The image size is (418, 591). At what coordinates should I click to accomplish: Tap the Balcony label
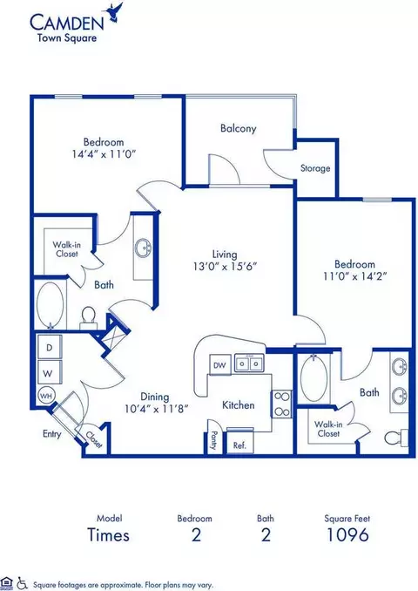[x=239, y=128]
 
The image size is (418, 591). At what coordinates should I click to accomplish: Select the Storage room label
[x=315, y=168]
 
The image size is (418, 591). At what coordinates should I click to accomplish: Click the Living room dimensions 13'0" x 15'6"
[x=225, y=266]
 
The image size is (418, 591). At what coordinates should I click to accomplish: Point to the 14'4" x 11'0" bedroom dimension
[x=104, y=153]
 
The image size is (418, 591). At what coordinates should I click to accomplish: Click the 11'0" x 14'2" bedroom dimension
[x=355, y=276]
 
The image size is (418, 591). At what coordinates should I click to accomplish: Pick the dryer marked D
[x=50, y=347]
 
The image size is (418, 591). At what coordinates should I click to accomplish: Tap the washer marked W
[x=50, y=373]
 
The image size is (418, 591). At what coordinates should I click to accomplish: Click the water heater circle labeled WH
[x=46, y=396]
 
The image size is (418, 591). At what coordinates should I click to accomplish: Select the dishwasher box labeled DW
[x=220, y=365]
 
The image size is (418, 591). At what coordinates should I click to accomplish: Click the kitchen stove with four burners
[x=281, y=404]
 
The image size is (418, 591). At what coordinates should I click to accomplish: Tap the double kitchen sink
[x=249, y=363]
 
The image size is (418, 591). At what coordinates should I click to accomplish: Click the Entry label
[x=51, y=434]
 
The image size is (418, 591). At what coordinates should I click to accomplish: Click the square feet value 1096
[x=347, y=534]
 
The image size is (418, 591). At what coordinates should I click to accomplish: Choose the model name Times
[x=108, y=534]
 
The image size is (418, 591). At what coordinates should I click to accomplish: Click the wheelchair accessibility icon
[x=22, y=582]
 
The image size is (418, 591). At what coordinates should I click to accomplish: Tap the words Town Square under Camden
[x=67, y=37]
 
